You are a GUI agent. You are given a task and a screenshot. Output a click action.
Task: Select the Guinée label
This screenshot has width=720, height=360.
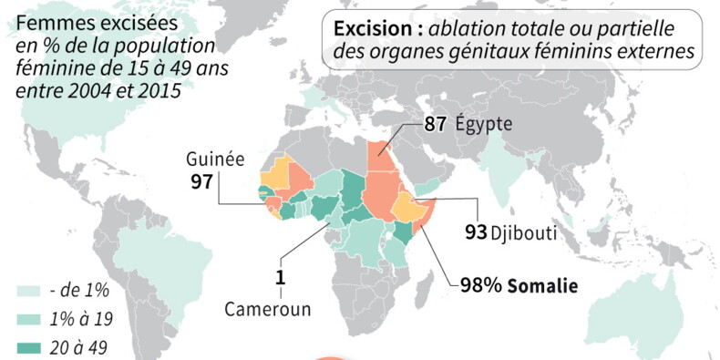[x=216, y=159]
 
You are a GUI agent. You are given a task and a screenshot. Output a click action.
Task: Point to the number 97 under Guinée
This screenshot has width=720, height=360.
[x=203, y=180]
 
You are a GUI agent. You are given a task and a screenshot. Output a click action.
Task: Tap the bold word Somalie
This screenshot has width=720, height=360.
[x=543, y=286]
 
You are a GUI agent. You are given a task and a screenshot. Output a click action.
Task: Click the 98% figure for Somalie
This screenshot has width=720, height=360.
[x=478, y=286]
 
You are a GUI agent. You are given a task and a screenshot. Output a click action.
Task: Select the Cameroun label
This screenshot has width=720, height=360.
[x=267, y=309]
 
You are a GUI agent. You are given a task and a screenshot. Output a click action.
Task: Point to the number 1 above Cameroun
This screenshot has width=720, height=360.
[x=282, y=276]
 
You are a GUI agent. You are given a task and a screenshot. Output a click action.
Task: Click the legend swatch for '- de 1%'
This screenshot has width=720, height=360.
[x=29, y=291]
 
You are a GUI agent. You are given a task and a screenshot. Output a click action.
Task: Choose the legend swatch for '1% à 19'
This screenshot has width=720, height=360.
[x=29, y=319]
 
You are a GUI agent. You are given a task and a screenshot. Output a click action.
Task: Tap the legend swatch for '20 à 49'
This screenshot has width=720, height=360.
[x=29, y=346]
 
